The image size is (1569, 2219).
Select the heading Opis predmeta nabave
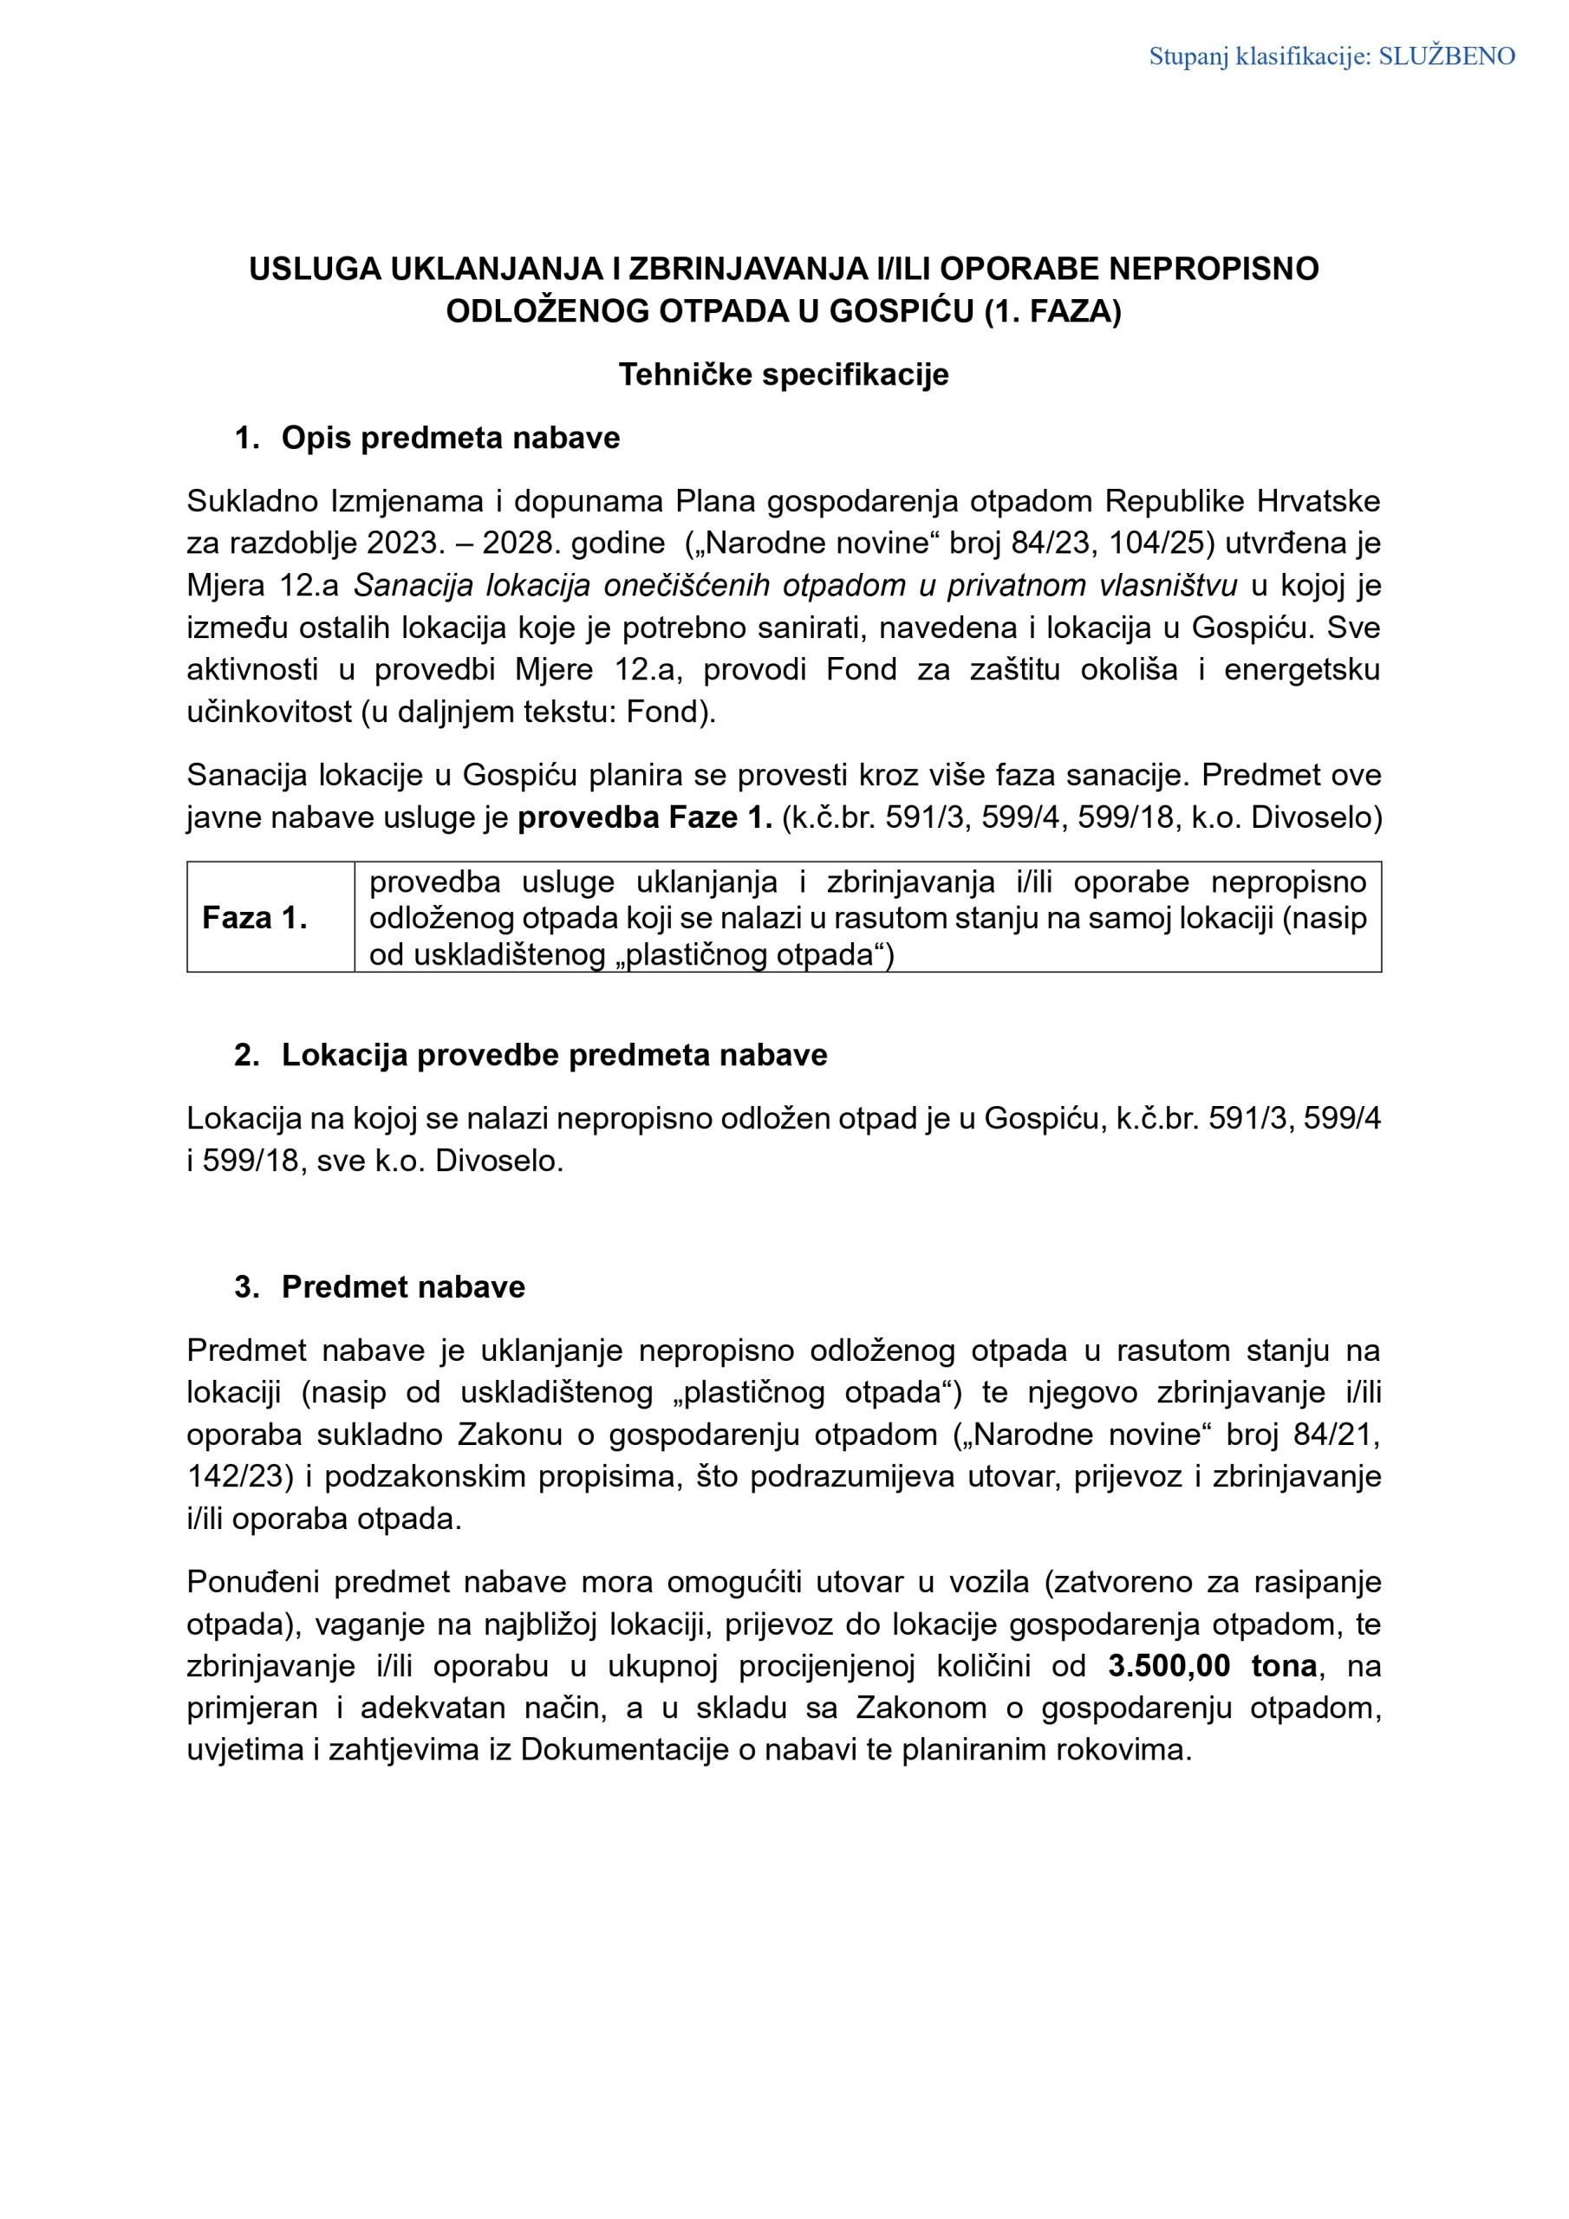(x=451, y=438)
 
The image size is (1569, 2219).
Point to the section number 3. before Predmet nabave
(x=246, y=1286)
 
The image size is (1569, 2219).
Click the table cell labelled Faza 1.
(x=254, y=917)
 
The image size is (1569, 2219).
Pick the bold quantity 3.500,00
(x=1169, y=1665)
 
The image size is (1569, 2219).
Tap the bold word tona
(x=1284, y=1665)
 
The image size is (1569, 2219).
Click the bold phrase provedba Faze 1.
(x=645, y=817)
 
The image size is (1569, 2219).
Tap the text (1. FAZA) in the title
(x=1052, y=312)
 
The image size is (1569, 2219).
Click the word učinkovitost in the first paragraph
(x=269, y=713)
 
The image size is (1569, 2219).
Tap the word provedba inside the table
(x=434, y=882)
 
